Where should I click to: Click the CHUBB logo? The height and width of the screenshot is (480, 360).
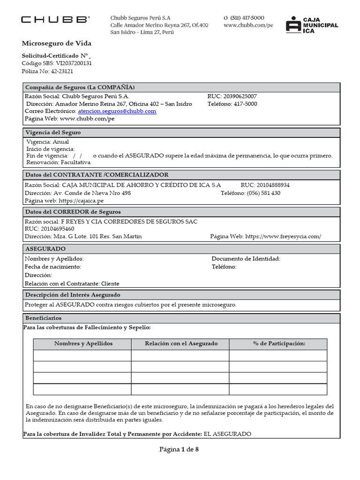[x=55, y=20]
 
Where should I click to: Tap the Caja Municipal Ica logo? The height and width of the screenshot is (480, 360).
[x=312, y=24]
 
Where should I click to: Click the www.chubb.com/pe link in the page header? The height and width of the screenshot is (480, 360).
[x=248, y=25]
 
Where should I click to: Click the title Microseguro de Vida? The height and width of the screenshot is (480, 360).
[x=56, y=44]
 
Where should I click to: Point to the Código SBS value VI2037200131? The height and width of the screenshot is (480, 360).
[x=74, y=63]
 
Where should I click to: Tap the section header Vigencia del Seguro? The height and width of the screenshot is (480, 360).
[x=53, y=133]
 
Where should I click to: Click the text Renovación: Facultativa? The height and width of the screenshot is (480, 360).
[x=58, y=163]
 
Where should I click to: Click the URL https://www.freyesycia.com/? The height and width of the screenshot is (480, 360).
[x=283, y=236]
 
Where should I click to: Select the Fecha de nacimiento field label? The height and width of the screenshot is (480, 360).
[x=52, y=267]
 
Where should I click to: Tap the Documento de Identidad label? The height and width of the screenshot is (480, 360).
[x=246, y=259]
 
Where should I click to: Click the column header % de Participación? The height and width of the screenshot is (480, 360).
[x=279, y=344]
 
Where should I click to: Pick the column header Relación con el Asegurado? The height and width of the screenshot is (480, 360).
[x=181, y=344]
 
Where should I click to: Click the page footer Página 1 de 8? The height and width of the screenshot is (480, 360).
[x=180, y=450]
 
